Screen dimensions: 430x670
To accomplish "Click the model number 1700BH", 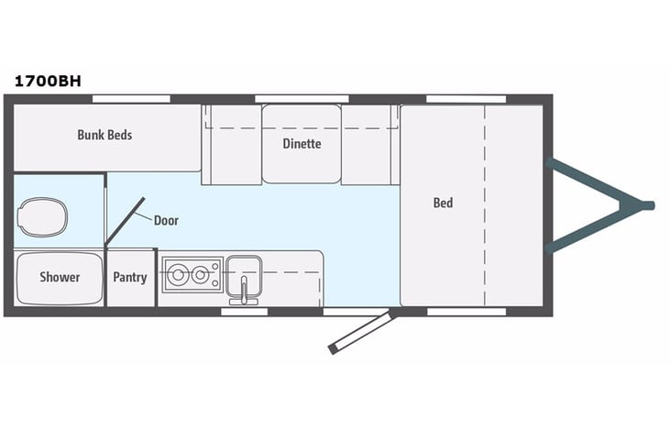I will coord(48,80).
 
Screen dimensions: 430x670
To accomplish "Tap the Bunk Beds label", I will coord(104,135).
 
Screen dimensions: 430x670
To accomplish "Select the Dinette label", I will coord(302,143).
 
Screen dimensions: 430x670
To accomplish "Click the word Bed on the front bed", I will coord(443,203).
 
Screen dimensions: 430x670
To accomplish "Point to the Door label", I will coord(166,220).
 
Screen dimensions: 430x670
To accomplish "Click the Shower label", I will coord(60,277).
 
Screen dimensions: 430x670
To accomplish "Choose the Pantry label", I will coord(130,277).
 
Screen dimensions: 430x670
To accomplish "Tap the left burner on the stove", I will coord(176,271).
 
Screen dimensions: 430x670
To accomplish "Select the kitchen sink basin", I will coord(245,271).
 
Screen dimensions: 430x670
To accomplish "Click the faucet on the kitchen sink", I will coord(245,293).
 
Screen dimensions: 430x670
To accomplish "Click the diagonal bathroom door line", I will coord(126,221).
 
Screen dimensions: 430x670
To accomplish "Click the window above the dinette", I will coord(294,98).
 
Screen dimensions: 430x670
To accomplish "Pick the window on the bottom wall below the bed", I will coord(467,312).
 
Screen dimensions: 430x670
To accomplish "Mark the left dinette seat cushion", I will coord(231,143).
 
